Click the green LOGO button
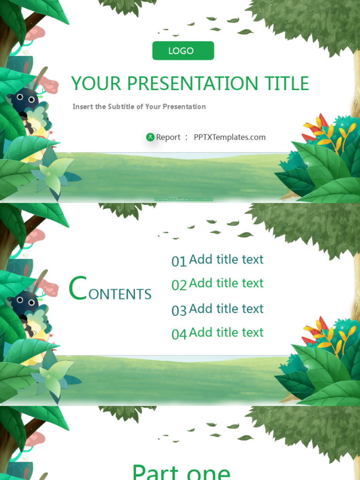click(x=183, y=51)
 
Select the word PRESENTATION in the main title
click(x=193, y=84)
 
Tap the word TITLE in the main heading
click(x=287, y=84)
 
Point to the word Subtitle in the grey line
click(x=121, y=106)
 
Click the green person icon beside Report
click(x=150, y=137)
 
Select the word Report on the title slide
click(x=168, y=137)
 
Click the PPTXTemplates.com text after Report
click(x=230, y=137)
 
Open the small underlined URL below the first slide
click(x=184, y=199)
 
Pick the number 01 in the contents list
click(x=179, y=262)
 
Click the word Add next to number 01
click(x=201, y=260)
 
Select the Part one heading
click(x=181, y=471)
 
